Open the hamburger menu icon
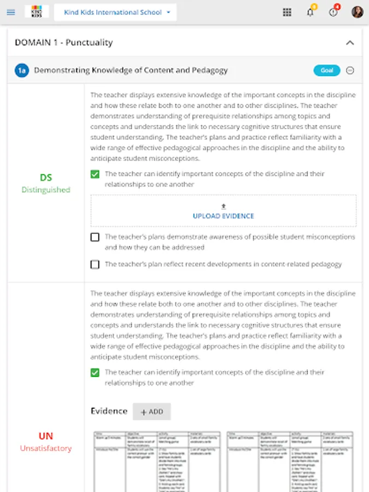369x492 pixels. tap(11, 12)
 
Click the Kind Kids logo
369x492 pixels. tap(37, 12)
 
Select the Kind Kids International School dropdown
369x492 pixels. tap(115, 12)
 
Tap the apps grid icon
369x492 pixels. tap(287, 13)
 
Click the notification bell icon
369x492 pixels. tap(311, 13)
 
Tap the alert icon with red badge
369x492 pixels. tap(333, 13)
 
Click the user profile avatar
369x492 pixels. tap(357, 13)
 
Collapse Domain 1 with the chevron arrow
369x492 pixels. tap(350, 43)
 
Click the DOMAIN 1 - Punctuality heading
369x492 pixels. tap(63, 43)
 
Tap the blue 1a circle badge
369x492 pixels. tap(22, 70)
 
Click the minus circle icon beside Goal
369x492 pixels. tap(350, 71)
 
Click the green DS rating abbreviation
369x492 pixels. tap(46, 178)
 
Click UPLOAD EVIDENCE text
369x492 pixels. tap(223, 216)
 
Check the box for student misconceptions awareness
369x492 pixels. tap(95, 237)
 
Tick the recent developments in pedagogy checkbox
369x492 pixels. tap(95, 265)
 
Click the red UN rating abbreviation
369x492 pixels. tap(46, 436)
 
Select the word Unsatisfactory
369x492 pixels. tap(46, 448)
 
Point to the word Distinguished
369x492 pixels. tap(46, 190)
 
